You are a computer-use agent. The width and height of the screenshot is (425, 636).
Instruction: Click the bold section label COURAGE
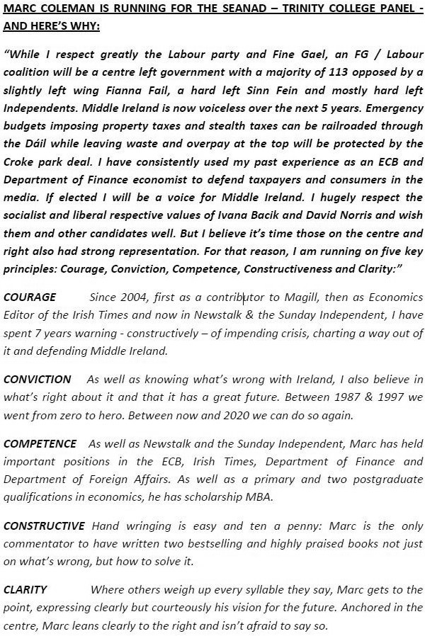pos(30,297)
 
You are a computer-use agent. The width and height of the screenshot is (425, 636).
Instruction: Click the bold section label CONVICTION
pos(38,380)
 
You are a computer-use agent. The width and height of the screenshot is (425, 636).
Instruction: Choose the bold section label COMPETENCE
pos(40,444)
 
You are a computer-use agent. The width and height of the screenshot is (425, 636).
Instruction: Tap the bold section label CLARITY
pos(25,589)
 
